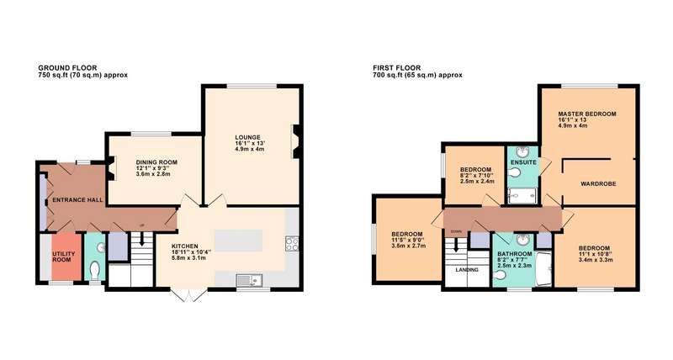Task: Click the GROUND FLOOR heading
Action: tap(67, 68)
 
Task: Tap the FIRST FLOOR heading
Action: tap(396, 68)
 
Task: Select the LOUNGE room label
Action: tap(247, 137)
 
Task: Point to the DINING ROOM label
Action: tap(156, 162)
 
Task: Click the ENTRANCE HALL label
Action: tap(77, 200)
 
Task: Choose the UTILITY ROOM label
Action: tap(64, 257)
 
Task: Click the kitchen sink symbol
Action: tap(249, 280)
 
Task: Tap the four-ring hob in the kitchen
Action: tap(292, 244)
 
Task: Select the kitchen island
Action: tap(238, 241)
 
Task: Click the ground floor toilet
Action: tap(95, 271)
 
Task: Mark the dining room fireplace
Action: tap(110, 168)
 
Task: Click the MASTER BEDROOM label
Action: tap(586, 114)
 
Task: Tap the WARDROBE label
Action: tap(598, 183)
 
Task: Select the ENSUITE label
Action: tap(523, 162)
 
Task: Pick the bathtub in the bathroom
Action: tap(544, 268)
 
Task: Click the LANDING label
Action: tap(467, 270)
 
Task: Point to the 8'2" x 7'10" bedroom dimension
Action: tap(477, 176)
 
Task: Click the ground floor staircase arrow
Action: tap(141, 241)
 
